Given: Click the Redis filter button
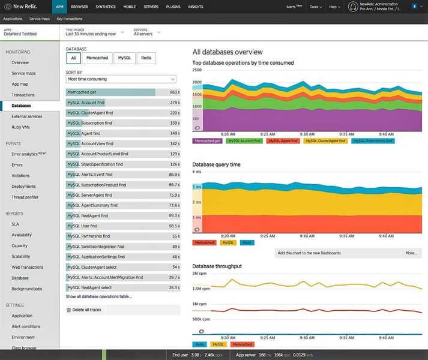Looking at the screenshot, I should (146, 58).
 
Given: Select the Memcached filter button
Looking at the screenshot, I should (97, 58).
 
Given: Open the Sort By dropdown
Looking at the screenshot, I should (121, 79).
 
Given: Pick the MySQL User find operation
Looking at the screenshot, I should (82, 226).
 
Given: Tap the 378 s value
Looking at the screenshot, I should (175, 103).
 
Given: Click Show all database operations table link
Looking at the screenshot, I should (99, 296).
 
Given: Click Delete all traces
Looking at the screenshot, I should (87, 310).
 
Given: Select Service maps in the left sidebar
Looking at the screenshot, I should (23, 73).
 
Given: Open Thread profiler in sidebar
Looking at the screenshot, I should (25, 197).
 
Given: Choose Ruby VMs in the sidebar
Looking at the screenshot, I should (22, 127).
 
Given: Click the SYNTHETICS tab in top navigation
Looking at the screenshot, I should (106, 7).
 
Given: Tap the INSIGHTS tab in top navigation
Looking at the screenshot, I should (196, 7).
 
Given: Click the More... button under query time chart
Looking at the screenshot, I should (411, 253).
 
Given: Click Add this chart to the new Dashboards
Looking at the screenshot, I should (309, 253).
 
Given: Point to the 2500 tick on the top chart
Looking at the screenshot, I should (197, 70).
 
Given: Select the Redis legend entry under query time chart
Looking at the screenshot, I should (246, 242).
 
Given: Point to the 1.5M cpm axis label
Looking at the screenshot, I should (200, 288).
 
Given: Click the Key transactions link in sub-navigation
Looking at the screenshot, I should (70, 19).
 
